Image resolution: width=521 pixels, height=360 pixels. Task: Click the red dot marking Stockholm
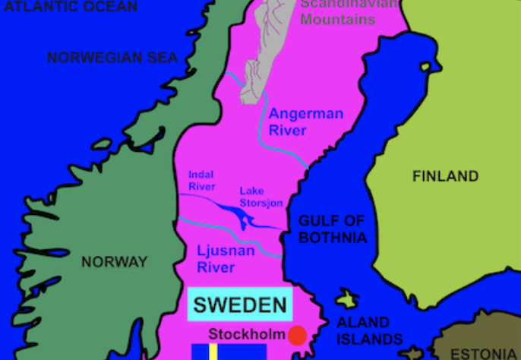[x=297, y=335]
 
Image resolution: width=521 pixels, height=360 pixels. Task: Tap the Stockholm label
[x=247, y=334]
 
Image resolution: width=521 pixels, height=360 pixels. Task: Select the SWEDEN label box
[x=240, y=305]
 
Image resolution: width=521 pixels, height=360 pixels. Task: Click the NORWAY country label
[x=114, y=262]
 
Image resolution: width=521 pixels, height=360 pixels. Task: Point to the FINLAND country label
[x=445, y=176]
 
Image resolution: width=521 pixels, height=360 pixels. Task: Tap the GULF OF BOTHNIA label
[x=332, y=229]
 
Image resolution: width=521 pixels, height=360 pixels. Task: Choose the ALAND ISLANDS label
[x=363, y=330]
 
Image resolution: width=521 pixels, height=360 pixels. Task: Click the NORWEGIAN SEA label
[x=112, y=58]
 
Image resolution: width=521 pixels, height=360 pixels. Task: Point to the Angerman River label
[x=305, y=122]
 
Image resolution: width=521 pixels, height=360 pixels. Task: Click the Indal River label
[x=202, y=180]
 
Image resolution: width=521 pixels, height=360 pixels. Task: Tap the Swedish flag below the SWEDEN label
[x=228, y=352]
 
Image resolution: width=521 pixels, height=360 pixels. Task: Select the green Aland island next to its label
[x=348, y=298]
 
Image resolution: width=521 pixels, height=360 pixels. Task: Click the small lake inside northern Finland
[x=427, y=67]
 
